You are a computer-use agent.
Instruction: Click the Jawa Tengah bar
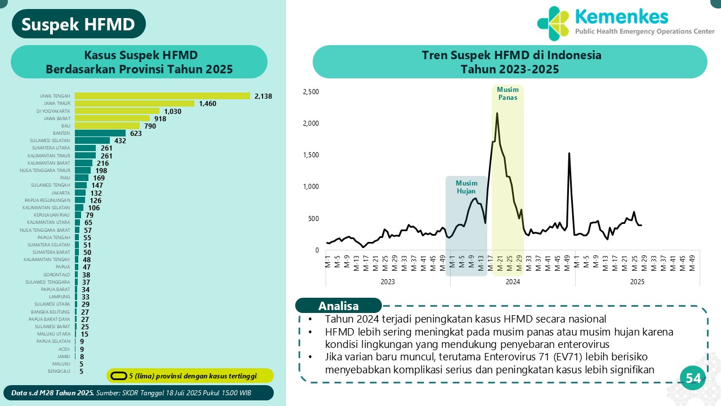click(162, 96)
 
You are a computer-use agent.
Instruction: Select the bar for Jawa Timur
click(135, 103)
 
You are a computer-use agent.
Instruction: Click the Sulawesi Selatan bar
click(92, 140)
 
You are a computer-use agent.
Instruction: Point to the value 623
click(136, 134)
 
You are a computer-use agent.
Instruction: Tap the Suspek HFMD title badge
click(79, 24)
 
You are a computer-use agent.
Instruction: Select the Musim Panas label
click(508, 93)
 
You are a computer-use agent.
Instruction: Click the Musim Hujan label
click(466, 187)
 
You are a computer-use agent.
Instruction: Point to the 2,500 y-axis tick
click(310, 92)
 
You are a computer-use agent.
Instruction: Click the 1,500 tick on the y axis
click(310, 155)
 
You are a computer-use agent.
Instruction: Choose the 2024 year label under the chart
click(512, 281)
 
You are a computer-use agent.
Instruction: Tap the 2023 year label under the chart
click(388, 281)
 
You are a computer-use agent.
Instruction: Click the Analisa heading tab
click(339, 306)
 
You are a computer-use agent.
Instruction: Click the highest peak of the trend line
click(497, 113)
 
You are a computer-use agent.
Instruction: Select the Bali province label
click(65, 126)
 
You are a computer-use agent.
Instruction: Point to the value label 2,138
click(263, 96)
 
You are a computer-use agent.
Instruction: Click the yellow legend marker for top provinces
click(118, 376)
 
